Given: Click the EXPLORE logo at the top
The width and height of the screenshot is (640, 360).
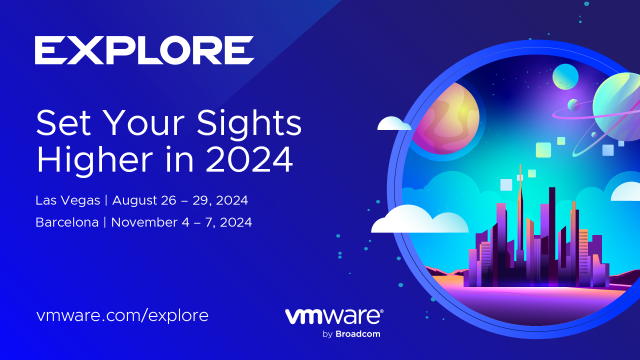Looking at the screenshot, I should coord(144,49).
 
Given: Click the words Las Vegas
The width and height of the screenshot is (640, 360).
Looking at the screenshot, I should coord(66,199).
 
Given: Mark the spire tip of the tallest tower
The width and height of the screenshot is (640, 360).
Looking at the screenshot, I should coord(519,166).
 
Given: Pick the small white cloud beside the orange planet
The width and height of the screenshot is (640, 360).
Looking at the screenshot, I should coord(394,124).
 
